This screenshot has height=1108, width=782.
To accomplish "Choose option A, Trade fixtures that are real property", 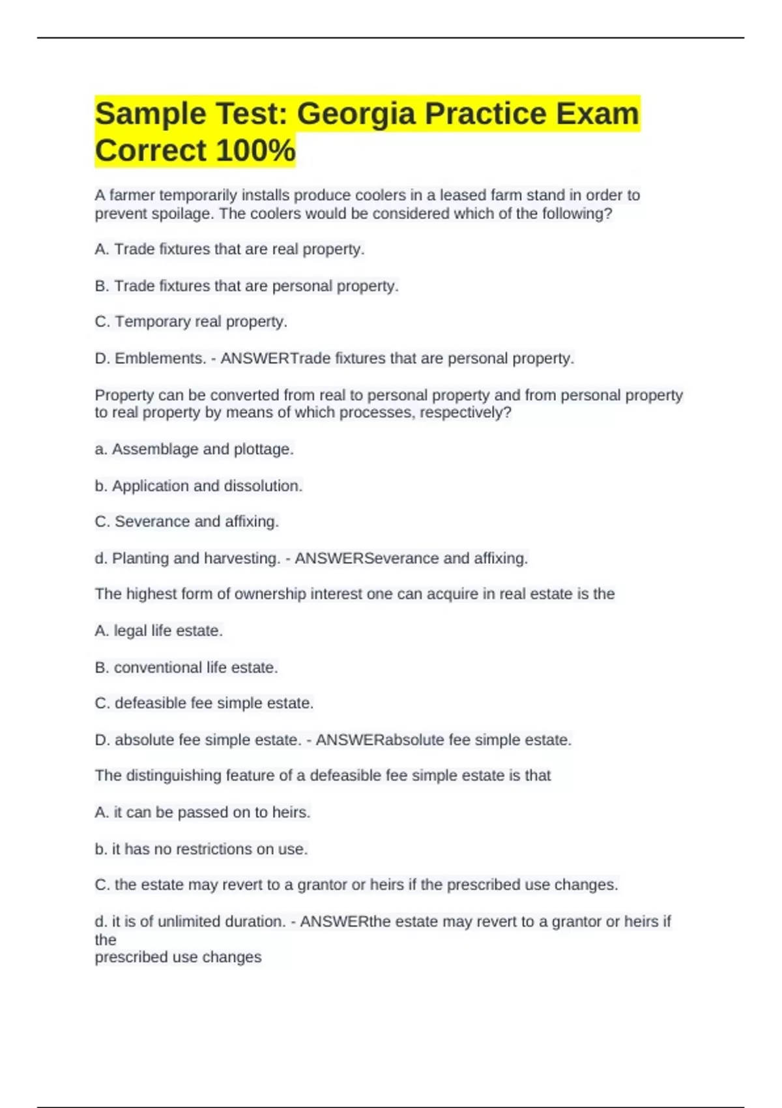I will point(229,250).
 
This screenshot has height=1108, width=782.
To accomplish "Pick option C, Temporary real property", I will point(191,322).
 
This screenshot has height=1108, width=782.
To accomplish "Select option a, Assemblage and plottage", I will point(194,450).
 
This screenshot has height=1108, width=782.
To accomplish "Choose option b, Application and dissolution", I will point(199,486).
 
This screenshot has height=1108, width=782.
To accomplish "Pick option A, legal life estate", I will point(158,631).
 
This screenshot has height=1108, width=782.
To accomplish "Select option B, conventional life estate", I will point(186,668).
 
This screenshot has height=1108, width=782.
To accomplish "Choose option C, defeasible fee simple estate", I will point(204,703).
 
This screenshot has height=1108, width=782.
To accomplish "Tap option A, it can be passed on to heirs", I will point(202,813).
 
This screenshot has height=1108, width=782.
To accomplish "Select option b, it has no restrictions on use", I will point(201,849).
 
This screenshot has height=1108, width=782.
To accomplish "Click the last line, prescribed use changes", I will point(178,957).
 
